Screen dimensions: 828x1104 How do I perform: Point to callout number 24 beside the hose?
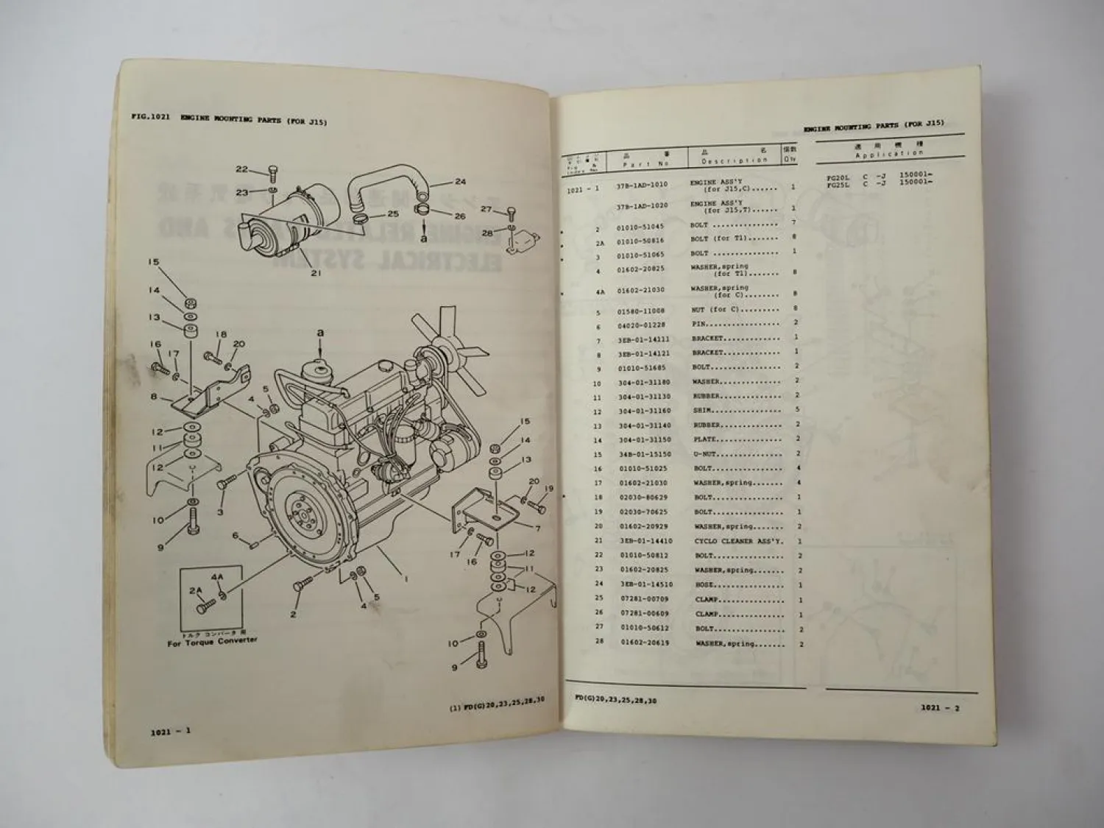pyautogui.click(x=460, y=181)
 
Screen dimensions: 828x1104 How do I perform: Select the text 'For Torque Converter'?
pyautogui.click(x=212, y=642)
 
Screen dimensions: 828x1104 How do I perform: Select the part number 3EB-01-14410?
pyautogui.click(x=645, y=541)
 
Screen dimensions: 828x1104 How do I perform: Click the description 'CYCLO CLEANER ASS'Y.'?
pyautogui.click(x=738, y=541)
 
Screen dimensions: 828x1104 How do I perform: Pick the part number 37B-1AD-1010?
pyautogui.click(x=642, y=185)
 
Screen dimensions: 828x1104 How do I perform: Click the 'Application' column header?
pyautogui.click(x=889, y=154)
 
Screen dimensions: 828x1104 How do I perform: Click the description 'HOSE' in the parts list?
pyautogui.click(x=704, y=584)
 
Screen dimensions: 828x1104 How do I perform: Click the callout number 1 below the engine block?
pyautogui.click(x=405, y=578)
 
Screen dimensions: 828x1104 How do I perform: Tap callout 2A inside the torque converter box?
pyautogui.click(x=195, y=590)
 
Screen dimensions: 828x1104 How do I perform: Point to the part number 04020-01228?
pyautogui.click(x=643, y=325)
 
